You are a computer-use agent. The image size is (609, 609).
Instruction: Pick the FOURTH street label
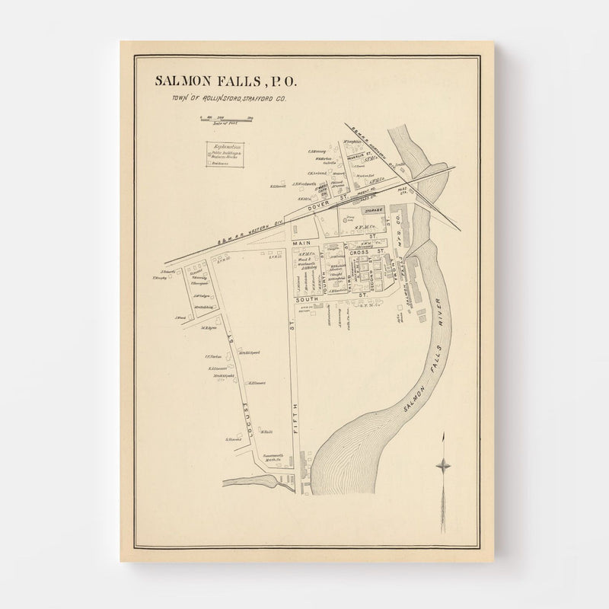(x=324, y=270)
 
